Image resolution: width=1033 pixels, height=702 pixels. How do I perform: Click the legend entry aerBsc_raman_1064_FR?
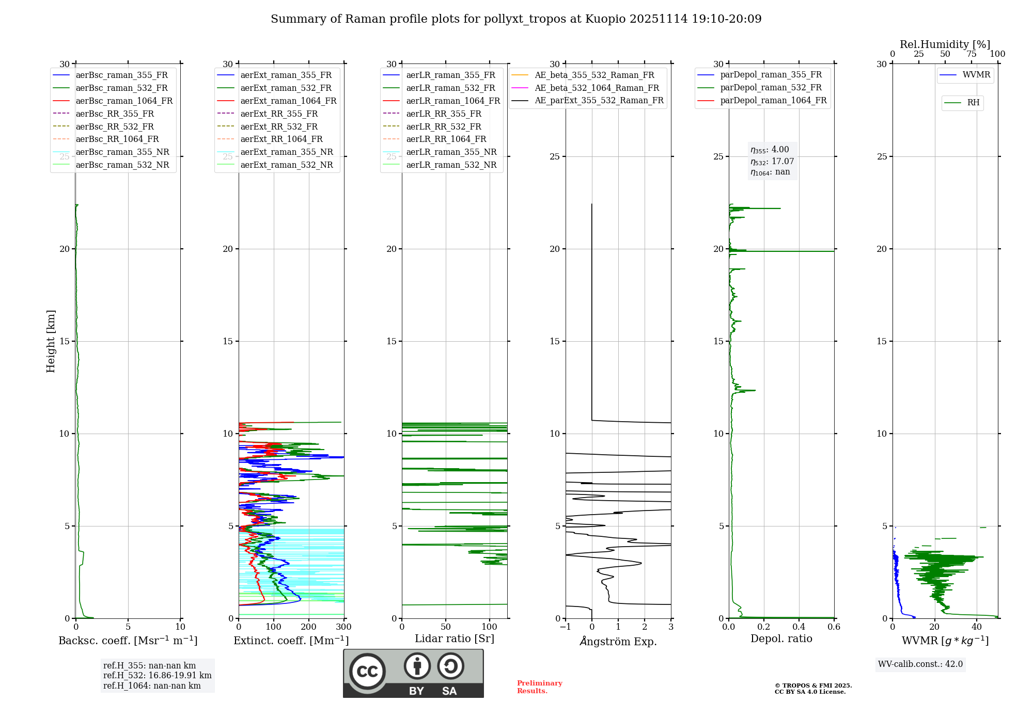pyautogui.click(x=124, y=101)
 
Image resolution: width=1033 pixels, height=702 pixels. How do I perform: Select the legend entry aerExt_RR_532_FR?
pyautogui.click(x=279, y=126)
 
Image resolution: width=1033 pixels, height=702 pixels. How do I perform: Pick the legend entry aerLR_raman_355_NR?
pyautogui.click(x=451, y=152)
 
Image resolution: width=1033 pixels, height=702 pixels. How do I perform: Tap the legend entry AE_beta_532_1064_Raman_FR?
pyautogui.click(x=597, y=88)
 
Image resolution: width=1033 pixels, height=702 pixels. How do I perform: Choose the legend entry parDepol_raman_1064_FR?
pyautogui.click(x=773, y=100)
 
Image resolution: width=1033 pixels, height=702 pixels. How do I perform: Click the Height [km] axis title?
pyautogui.click(x=51, y=341)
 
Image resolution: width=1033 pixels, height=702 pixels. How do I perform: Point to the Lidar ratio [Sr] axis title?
pyautogui.click(x=455, y=639)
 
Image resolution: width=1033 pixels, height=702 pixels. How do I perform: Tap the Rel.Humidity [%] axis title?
pyautogui.click(x=945, y=44)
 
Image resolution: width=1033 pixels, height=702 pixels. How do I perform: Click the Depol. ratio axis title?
pyautogui.click(x=781, y=639)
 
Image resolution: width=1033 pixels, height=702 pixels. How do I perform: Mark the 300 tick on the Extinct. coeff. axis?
pyautogui.click(x=344, y=627)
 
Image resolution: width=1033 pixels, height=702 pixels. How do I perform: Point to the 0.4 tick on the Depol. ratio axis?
pyautogui.click(x=799, y=627)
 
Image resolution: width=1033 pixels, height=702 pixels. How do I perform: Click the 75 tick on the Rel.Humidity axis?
pyautogui.click(x=972, y=54)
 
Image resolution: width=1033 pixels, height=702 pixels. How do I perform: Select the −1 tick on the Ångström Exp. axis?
pyautogui.click(x=565, y=627)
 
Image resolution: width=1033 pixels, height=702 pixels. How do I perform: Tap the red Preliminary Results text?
pyautogui.click(x=539, y=687)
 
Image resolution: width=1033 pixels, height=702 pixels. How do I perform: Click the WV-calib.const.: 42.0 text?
pyautogui.click(x=920, y=664)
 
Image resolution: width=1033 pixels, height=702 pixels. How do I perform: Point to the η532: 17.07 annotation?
pyautogui.click(x=772, y=161)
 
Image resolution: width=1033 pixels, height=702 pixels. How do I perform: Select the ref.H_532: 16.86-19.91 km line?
pyautogui.click(x=157, y=676)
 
